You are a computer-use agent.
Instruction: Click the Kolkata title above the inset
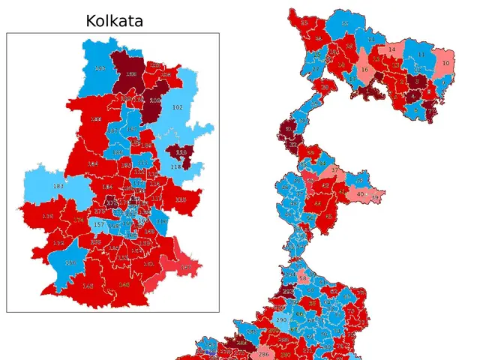(x=114, y=20)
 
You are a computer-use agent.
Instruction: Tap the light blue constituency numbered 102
(x=177, y=108)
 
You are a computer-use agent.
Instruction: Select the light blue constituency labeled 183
(x=58, y=186)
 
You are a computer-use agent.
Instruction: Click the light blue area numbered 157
(x=98, y=224)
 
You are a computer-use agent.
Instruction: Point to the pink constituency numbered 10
(x=445, y=64)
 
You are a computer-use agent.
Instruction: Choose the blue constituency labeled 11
(x=421, y=55)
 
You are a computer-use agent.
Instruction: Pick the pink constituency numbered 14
(x=391, y=50)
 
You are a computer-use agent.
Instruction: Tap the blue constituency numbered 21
(x=370, y=39)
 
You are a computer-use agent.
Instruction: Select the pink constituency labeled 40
(x=361, y=194)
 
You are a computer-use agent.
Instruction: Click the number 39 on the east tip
(x=376, y=196)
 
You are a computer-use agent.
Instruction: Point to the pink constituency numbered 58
(x=303, y=278)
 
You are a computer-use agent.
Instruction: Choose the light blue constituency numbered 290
(x=282, y=320)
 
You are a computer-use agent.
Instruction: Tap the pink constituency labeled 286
(x=263, y=354)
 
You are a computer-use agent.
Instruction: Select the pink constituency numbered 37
(x=334, y=170)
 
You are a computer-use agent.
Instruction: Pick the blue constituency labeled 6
(x=416, y=109)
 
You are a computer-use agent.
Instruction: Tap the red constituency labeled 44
(x=318, y=202)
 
